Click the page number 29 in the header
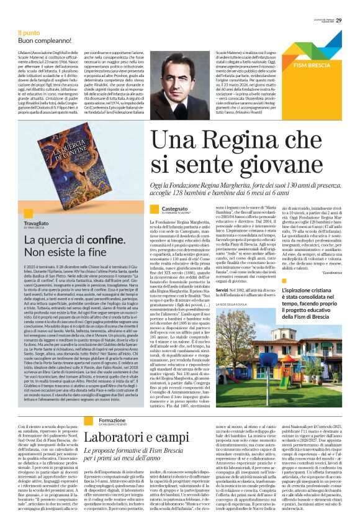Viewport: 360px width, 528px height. coord(348,6)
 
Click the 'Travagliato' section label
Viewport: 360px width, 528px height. coord(38,222)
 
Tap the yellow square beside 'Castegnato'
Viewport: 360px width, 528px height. coord(155,210)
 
